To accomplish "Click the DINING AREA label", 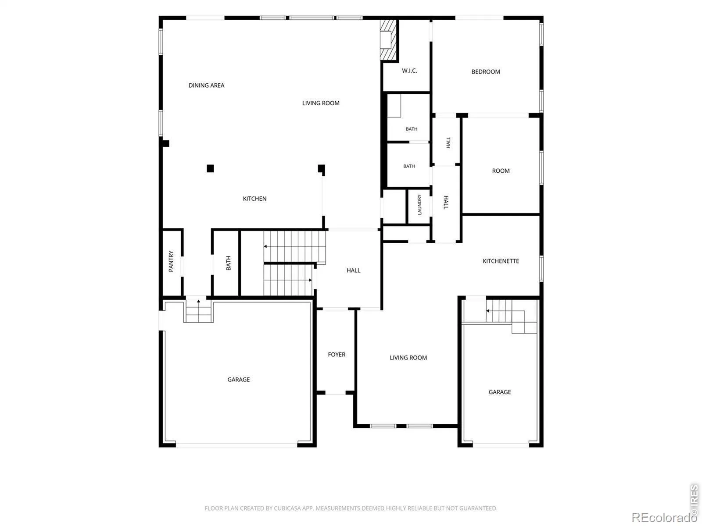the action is click(x=206, y=85).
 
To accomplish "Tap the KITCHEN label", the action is click(x=254, y=199).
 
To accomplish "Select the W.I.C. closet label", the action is click(x=409, y=71).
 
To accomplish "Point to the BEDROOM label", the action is click(x=486, y=72).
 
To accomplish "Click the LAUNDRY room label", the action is click(x=419, y=205).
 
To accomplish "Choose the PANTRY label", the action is click(x=171, y=261).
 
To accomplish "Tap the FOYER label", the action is click(x=337, y=355).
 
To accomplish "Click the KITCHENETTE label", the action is click(x=501, y=261).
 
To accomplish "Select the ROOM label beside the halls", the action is click(x=501, y=171).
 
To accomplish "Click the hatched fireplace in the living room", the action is click(x=388, y=39).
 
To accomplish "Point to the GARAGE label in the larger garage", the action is click(x=239, y=380).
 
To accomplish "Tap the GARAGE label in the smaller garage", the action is click(x=500, y=392).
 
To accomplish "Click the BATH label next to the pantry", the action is click(x=228, y=263).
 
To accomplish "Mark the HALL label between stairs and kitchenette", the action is click(x=353, y=270).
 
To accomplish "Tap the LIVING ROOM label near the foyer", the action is click(x=408, y=358).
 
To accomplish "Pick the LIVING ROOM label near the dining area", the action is click(x=321, y=103).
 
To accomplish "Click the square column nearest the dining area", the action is click(x=210, y=168).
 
